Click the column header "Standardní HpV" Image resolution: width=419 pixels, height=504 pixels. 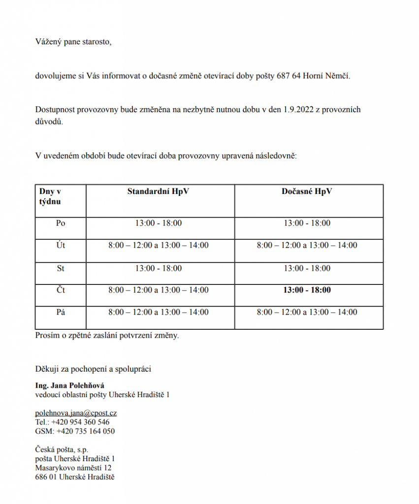158,191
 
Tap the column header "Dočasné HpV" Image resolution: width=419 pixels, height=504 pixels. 307,191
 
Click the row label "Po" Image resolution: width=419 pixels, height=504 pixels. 61,223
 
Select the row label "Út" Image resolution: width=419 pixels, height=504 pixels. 61,245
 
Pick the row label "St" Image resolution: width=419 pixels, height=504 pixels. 61,268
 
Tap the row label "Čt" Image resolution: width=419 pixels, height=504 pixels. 61,290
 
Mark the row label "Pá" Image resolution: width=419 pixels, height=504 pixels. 61,312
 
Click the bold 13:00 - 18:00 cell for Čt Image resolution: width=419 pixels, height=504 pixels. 307,290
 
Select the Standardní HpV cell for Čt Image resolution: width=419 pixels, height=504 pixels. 158,290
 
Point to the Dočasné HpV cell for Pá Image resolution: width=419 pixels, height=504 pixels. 307,312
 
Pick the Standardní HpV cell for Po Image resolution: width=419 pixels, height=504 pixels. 158,223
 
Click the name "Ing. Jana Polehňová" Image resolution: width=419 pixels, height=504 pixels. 69,385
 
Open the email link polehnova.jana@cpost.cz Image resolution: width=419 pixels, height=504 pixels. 76,413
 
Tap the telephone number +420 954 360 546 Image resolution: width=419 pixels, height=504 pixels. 83,422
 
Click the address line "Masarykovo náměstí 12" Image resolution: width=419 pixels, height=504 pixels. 73,468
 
